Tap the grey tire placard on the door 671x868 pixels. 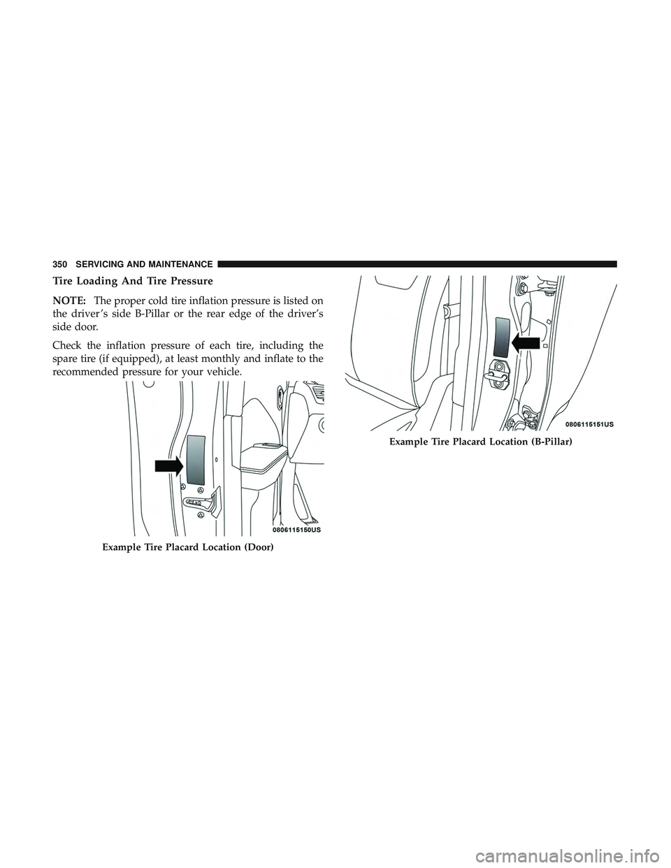tap(196, 459)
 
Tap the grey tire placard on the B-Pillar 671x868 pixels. tap(503, 338)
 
